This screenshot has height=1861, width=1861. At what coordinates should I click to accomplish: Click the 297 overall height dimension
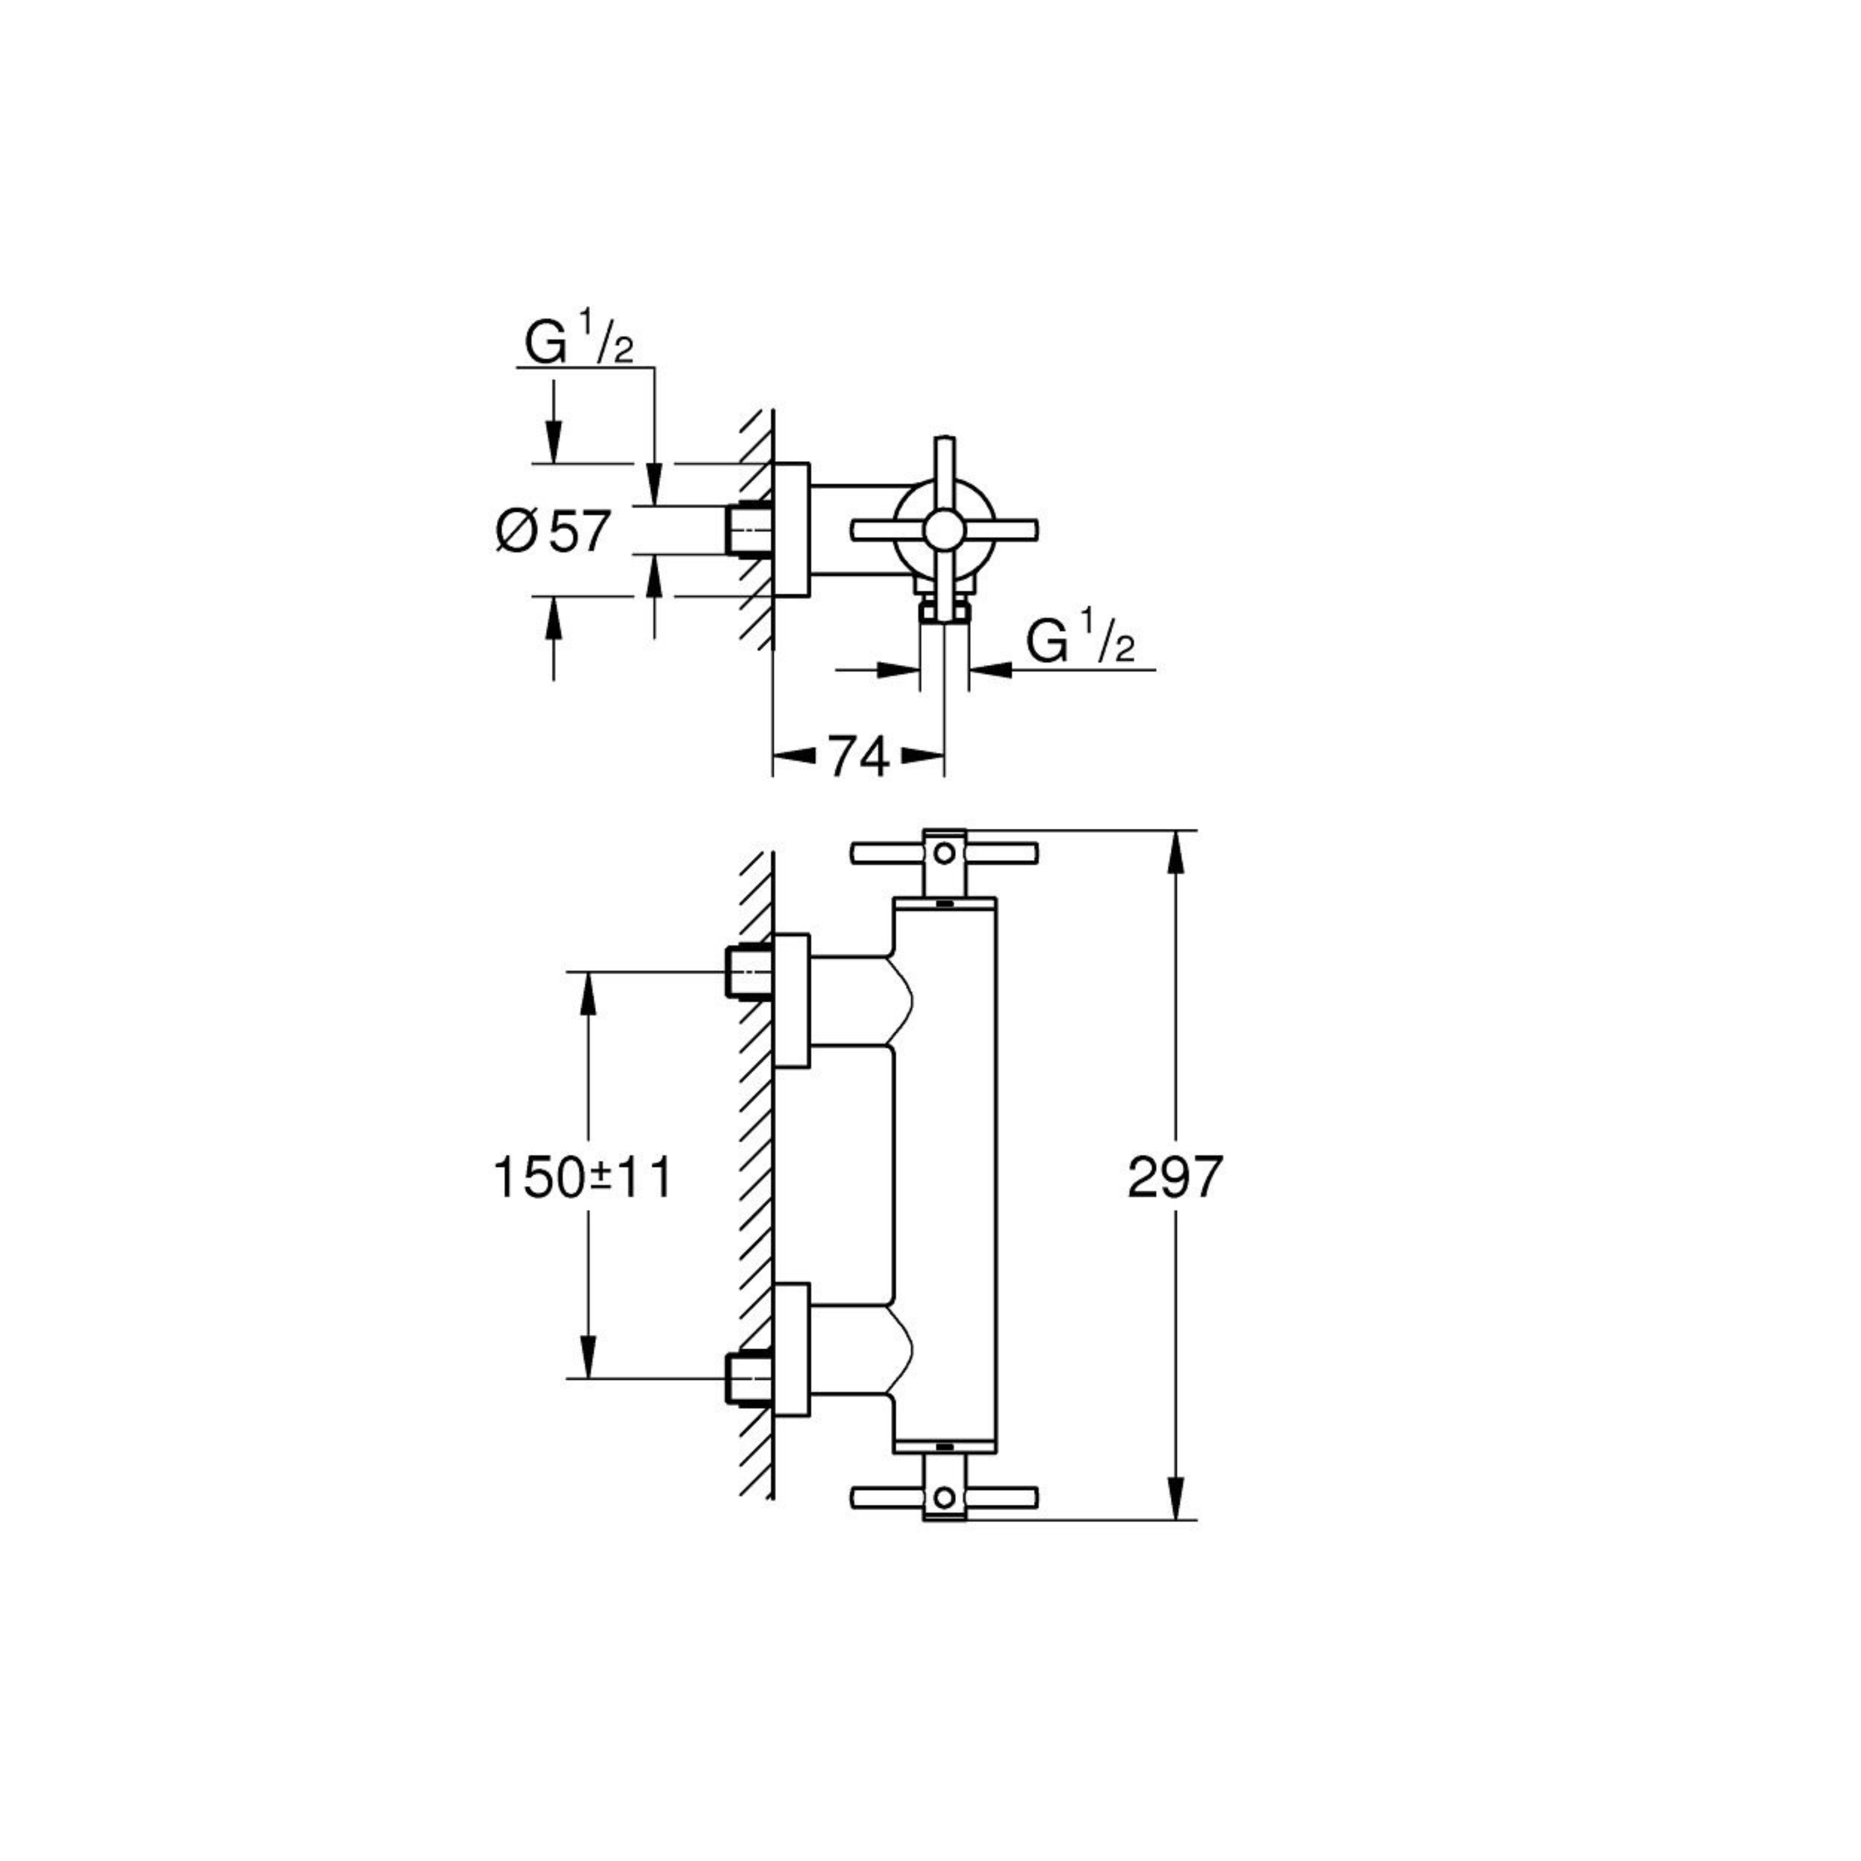[x=1174, y=1177]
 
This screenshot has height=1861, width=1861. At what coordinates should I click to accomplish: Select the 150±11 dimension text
[x=582, y=1177]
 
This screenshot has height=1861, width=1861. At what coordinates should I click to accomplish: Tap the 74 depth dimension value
[x=858, y=758]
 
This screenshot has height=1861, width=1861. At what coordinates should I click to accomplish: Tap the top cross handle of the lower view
[x=944, y=852]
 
